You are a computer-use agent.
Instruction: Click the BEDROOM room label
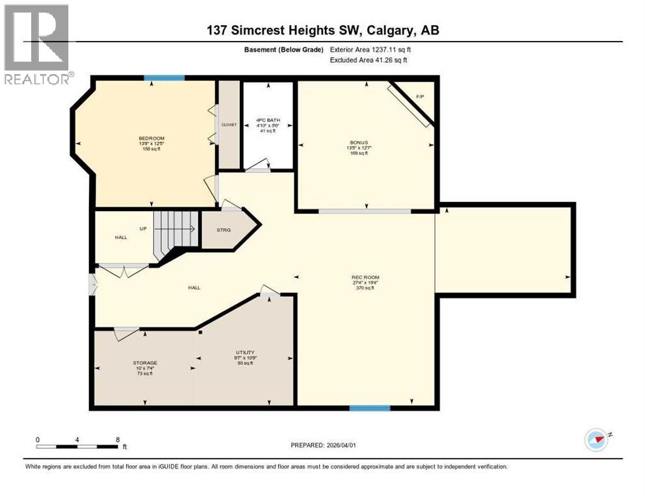pos(151,138)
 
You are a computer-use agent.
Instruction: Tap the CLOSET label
pos(229,124)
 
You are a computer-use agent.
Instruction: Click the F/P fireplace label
pos(419,97)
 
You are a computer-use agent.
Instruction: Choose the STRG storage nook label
pos(223,229)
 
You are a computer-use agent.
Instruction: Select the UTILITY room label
pos(244,353)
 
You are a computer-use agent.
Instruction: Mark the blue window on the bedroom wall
pos(164,78)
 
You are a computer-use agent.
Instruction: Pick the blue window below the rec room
pos(369,408)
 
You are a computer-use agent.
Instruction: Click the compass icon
pos(596,440)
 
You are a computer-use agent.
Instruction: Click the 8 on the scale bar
pos(117,440)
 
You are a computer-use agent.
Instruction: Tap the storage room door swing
pos(125,333)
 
